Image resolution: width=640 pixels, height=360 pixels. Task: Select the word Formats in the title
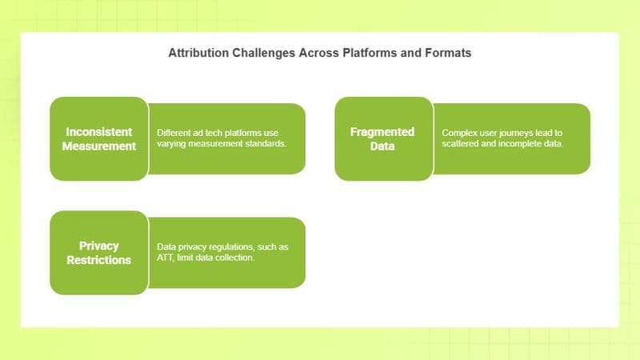(446, 54)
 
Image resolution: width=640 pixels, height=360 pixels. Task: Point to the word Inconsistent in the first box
(99, 132)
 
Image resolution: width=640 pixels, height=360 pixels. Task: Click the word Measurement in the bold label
(99, 146)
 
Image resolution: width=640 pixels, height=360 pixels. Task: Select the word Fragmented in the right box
(382, 132)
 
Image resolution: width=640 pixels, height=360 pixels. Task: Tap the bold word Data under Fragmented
(382, 146)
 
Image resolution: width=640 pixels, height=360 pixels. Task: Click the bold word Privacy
(99, 246)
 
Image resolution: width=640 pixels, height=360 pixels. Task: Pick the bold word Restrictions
(99, 260)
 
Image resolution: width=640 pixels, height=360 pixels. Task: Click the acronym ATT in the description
(166, 258)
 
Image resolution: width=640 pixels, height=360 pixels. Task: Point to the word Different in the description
(174, 133)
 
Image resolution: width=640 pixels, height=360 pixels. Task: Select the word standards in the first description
(262, 144)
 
